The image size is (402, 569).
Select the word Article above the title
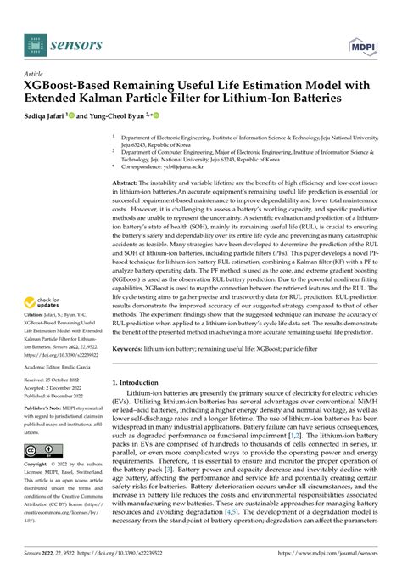point(40,75)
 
